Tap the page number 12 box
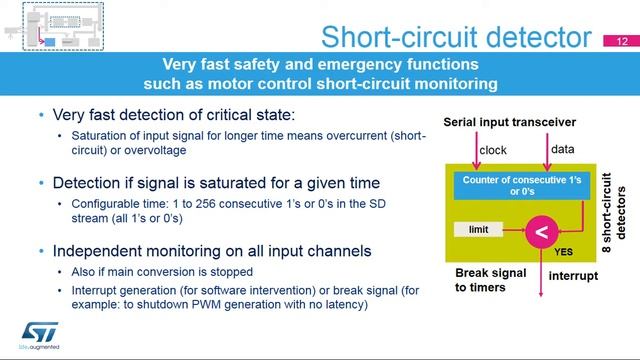pyautogui.click(x=622, y=42)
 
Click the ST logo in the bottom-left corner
pyautogui.click(x=37, y=332)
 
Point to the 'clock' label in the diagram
pyautogui.click(x=494, y=151)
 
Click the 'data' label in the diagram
pyautogui.click(x=562, y=151)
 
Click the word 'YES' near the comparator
pyautogui.click(x=564, y=253)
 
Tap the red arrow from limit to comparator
pyautogui.click(x=511, y=232)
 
